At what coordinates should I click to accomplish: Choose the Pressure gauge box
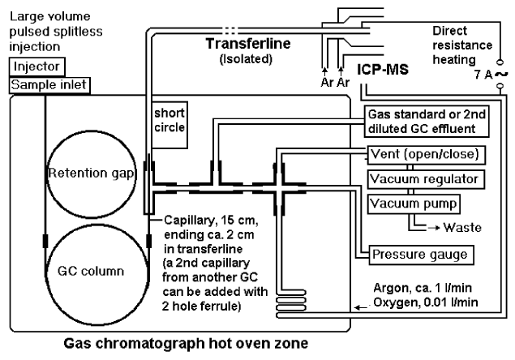420,255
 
